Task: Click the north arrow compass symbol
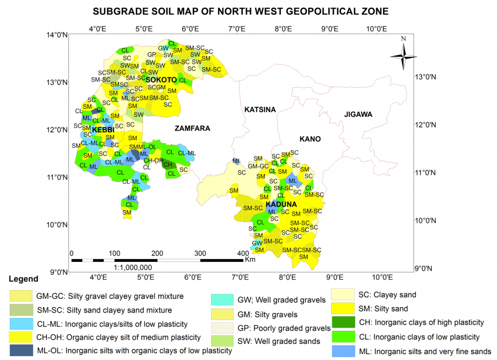point(403,56)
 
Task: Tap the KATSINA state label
point(260,110)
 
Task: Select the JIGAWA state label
point(358,115)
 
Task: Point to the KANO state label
point(310,139)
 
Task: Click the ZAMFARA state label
point(192,129)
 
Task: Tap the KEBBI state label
point(103,130)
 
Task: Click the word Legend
point(23,279)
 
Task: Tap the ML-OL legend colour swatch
point(21,350)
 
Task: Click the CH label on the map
point(168,165)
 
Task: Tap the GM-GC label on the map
point(258,166)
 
